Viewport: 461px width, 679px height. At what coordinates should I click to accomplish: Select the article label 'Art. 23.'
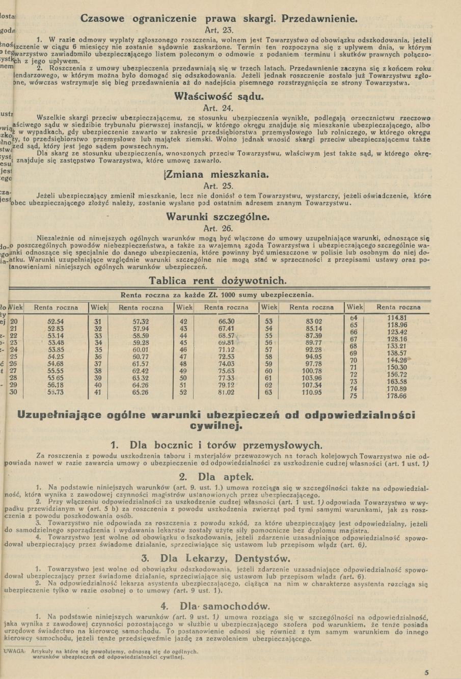[x=219, y=30]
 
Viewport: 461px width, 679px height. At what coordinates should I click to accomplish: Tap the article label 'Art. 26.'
[x=218, y=228]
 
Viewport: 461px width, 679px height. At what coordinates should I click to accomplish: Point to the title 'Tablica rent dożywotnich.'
[x=218, y=281]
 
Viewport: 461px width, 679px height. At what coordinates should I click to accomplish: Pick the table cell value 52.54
[x=56, y=321]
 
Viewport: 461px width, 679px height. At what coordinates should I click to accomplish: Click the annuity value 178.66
[x=397, y=396]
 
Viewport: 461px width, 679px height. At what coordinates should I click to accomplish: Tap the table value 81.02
[x=226, y=392]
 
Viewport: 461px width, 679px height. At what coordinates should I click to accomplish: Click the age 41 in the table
[x=98, y=392]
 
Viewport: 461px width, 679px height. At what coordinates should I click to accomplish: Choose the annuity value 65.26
[x=141, y=392]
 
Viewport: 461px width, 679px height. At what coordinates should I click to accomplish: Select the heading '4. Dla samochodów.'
[x=215, y=606]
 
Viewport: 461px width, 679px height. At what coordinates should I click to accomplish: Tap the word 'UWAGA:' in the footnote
[x=14, y=651]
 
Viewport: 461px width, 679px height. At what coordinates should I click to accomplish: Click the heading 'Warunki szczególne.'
[x=218, y=216]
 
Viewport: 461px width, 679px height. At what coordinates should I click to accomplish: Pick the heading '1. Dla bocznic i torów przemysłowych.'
[x=216, y=445]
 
